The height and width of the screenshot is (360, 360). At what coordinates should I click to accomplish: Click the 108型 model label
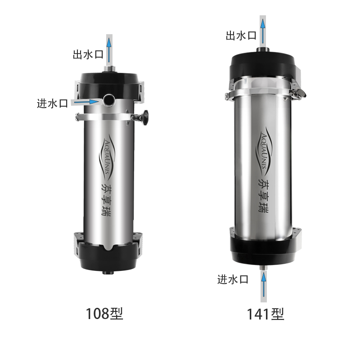click(x=104, y=314)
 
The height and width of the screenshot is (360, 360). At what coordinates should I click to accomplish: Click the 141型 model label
click(x=265, y=314)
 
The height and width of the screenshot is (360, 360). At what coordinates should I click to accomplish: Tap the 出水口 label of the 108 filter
click(x=88, y=54)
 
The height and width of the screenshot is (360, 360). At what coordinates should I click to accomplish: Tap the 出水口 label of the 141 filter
click(x=241, y=36)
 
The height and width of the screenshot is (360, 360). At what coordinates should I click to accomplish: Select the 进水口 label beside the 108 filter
click(x=52, y=103)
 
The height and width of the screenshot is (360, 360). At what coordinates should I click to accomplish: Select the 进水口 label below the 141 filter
click(x=233, y=279)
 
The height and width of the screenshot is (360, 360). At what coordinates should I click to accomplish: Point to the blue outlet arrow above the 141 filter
click(x=263, y=31)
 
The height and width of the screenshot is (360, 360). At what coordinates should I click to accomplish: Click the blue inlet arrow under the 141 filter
click(x=264, y=284)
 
